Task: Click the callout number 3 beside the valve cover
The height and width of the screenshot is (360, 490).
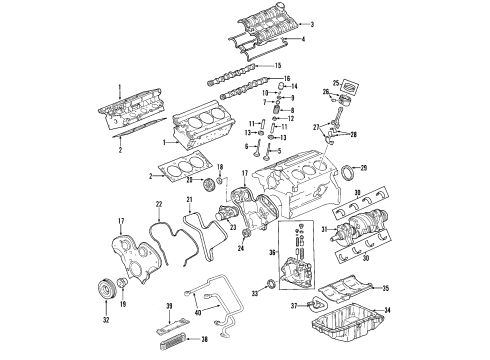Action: (x=312, y=24)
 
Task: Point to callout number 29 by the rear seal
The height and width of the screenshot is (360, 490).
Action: (x=363, y=167)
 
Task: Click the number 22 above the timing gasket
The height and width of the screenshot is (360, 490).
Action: (x=158, y=205)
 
